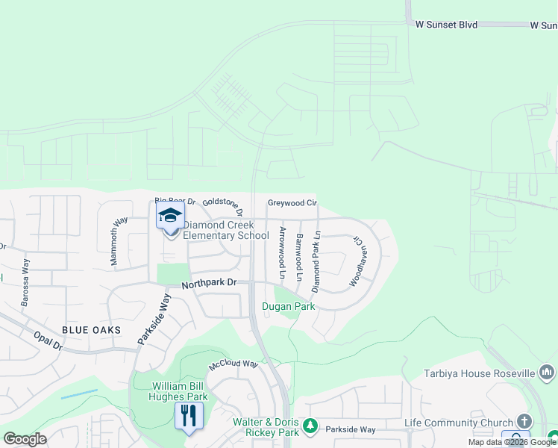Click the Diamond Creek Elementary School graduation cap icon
[x=170, y=216]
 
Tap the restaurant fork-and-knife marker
[x=189, y=415]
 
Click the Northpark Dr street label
[x=208, y=283]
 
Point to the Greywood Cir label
[x=292, y=202]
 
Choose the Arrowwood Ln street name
[x=282, y=252]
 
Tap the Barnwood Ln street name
[x=299, y=257]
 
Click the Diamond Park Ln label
[x=316, y=261]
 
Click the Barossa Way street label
[x=25, y=279]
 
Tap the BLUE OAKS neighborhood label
[x=91, y=330]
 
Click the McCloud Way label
[x=233, y=364]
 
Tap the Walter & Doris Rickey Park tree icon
[x=311, y=426]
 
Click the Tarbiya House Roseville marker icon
[x=548, y=372]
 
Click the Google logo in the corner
[x=25, y=440]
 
